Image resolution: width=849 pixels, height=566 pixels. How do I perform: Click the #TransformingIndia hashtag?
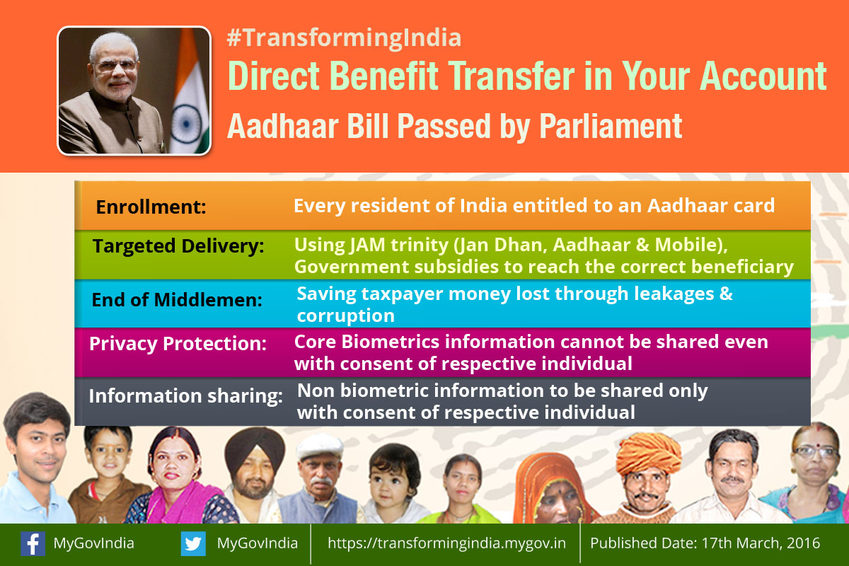[344, 38]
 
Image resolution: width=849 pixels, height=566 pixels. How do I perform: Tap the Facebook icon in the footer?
[33, 543]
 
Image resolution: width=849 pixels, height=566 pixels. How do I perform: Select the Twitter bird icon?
[193, 543]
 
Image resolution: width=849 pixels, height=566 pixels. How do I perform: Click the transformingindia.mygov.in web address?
[446, 543]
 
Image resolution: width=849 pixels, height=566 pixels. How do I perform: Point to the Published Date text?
[705, 543]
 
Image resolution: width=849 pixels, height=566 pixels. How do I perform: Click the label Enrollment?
[151, 207]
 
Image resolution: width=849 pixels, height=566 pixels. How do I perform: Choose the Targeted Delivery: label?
[178, 246]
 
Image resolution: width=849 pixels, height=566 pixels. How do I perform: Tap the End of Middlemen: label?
[177, 300]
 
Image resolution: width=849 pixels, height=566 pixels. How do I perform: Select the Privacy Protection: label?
[178, 344]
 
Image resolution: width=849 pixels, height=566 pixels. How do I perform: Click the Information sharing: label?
[185, 396]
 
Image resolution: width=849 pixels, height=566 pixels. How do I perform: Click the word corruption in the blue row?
[346, 316]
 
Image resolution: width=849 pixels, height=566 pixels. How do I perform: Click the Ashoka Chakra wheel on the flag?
[186, 124]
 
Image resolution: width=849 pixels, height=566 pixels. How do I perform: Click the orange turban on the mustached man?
[649, 452]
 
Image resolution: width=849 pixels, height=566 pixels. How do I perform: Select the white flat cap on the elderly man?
[320, 446]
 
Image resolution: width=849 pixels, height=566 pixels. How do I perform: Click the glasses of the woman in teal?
[816, 452]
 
